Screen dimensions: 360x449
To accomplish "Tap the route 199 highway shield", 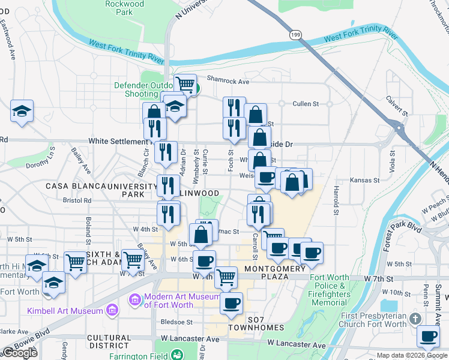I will (x=295, y=35).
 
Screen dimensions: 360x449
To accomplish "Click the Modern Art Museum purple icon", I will (x=134, y=299).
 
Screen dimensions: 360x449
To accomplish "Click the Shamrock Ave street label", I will (x=228, y=81).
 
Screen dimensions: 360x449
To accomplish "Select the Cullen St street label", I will (x=306, y=104).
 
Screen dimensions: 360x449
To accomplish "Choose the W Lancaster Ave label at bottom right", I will (x=297, y=345).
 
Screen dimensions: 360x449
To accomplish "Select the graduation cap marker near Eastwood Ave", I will (x=22, y=111).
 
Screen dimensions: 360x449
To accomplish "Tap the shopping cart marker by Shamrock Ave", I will (x=185, y=85).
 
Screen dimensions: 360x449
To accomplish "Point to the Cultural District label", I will (x=109, y=342).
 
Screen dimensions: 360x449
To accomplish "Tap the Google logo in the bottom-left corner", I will (x=20, y=353).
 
